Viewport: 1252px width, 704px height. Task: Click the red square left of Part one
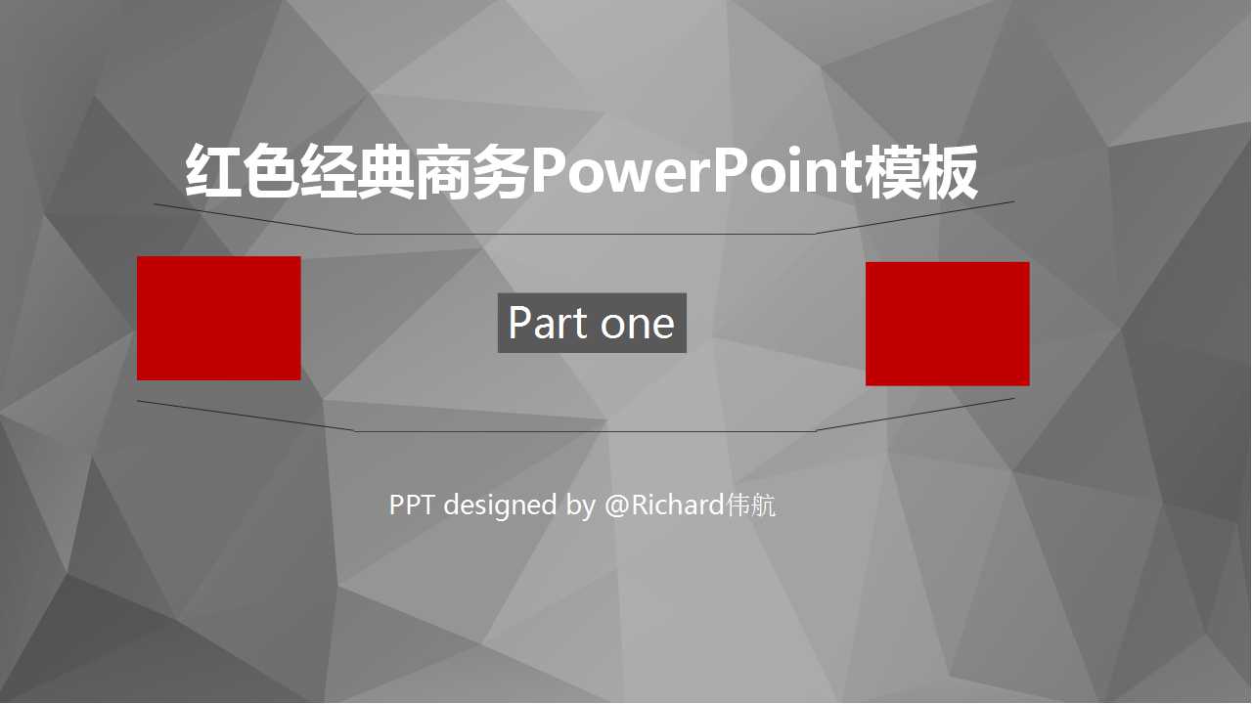[x=218, y=318]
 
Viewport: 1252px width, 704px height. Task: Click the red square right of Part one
[x=947, y=324]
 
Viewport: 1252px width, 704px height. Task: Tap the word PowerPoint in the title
[x=696, y=173]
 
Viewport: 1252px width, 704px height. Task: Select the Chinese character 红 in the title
[x=213, y=173]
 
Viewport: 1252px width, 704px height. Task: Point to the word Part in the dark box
[x=548, y=323]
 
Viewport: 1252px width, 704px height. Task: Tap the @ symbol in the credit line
[x=616, y=505]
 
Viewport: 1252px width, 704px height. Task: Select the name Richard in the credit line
[x=677, y=505]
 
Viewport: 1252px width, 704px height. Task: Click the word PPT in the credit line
[x=412, y=505]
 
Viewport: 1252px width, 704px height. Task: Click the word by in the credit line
[x=580, y=506]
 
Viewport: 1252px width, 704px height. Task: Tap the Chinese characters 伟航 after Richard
[x=751, y=505]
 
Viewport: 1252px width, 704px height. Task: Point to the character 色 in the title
[x=270, y=173]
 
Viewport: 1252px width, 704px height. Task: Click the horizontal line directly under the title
[x=585, y=234]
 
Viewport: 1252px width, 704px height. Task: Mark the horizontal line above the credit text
[x=585, y=430]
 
